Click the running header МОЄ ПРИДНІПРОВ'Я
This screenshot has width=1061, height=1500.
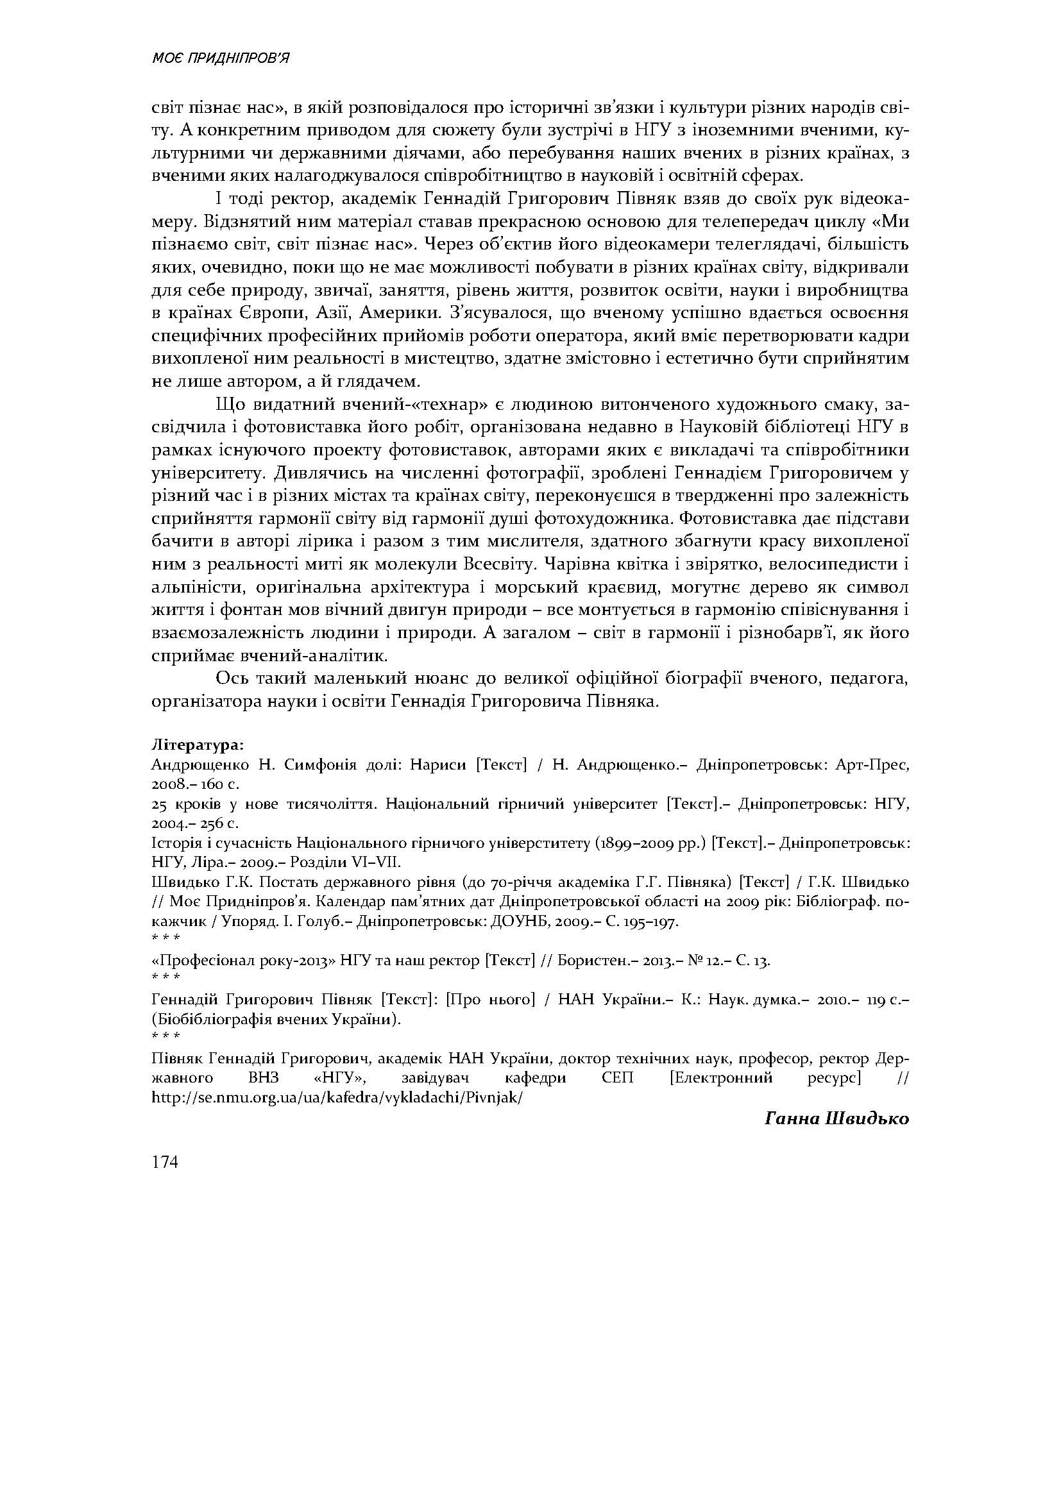tap(220, 60)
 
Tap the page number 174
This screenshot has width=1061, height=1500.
tap(164, 1161)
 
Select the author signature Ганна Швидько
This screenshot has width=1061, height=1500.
tap(837, 1118)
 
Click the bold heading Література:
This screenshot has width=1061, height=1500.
tap(198, 745)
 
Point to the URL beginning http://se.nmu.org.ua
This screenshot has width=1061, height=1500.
tap(337, 1097)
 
